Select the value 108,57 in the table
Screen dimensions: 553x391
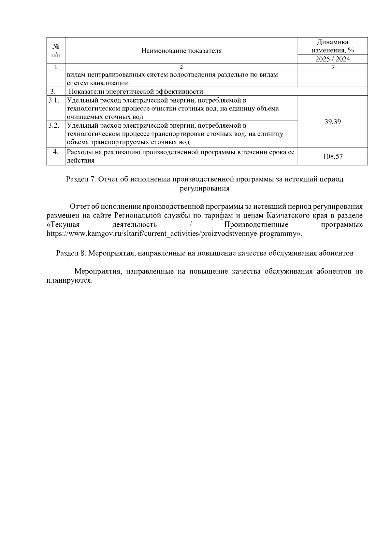point(333,157)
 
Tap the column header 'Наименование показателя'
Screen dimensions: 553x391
point(181,51)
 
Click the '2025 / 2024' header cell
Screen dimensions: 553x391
point(333,59)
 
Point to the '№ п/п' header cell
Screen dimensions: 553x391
point(56,51)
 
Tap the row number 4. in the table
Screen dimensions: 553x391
point(56,152)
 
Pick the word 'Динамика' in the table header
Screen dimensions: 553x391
point(333,42)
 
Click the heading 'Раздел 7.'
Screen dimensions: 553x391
point(80,179)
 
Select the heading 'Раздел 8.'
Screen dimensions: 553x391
point(71,253)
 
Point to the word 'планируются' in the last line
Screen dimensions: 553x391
point(69,280)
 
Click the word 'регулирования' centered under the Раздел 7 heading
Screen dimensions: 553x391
point(205,188)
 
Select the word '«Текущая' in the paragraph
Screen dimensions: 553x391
point(63,225)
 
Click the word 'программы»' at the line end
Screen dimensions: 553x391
point(342,225)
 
